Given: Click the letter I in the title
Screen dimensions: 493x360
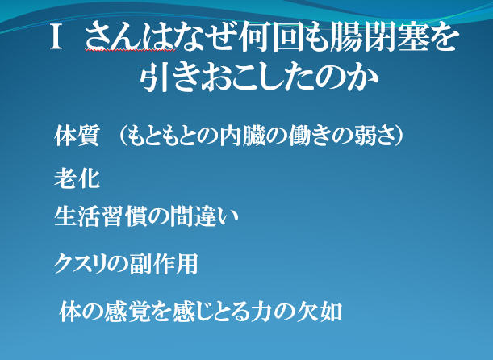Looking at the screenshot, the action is [x=56, y=37].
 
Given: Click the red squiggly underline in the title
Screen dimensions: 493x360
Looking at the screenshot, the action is [x=130, y=50].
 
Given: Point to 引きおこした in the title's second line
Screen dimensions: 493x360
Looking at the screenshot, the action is [x=230, y=77].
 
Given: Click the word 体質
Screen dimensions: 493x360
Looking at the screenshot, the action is [x=77, y=136].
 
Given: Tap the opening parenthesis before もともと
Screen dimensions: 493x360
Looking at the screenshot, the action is [x=122, y=136].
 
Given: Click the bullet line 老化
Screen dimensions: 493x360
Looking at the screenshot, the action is [x=77, y=178].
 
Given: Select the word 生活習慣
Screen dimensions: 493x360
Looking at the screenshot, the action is [x=100, y=216].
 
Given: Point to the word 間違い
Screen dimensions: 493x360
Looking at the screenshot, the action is [x=205, y=216].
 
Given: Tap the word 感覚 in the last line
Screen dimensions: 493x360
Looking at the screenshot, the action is [x=127, y=312].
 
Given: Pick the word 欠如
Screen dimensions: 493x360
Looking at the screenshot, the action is [x=320, y=312].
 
